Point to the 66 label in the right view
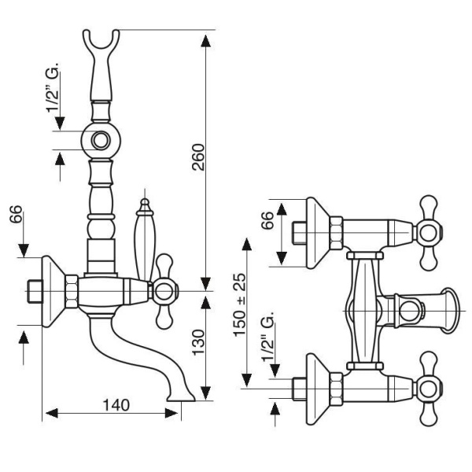(267, 221)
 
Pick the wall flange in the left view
(51, 291)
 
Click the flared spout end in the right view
(451, 308)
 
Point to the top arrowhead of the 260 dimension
(206, 36)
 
